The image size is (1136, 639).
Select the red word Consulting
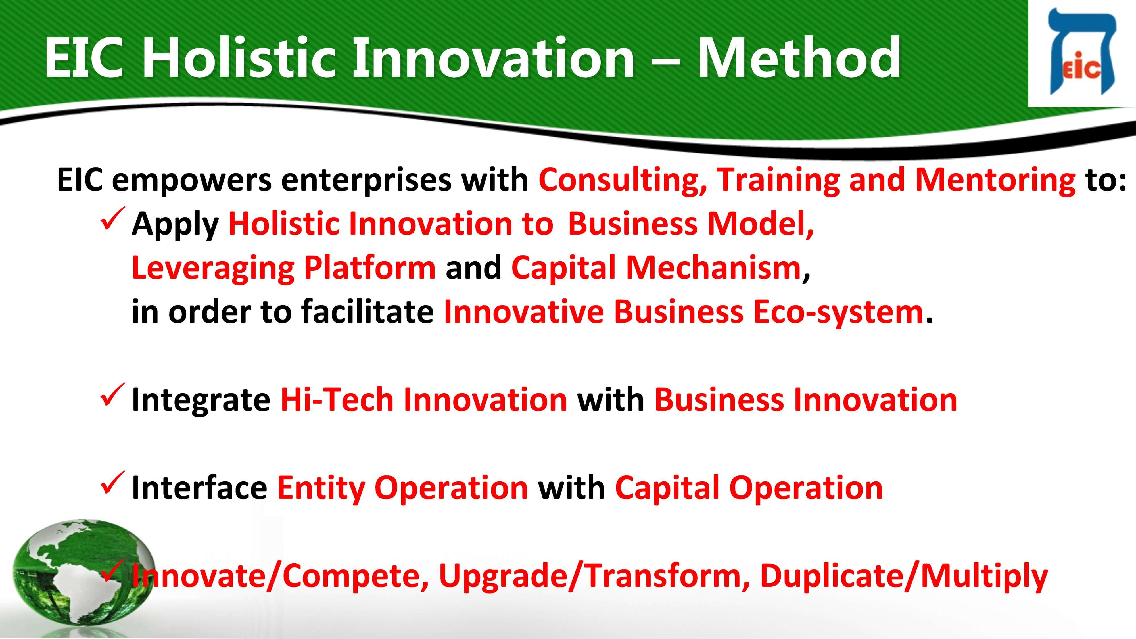pyautogui.click(x=623, y=180)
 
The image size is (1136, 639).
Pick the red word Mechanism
pyautogui.click(x=713, y=268)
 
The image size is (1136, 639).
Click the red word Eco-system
pyautogui.click(x=838, y=312)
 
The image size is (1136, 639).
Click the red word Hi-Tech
pyautogui.click(x=337, y=400)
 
